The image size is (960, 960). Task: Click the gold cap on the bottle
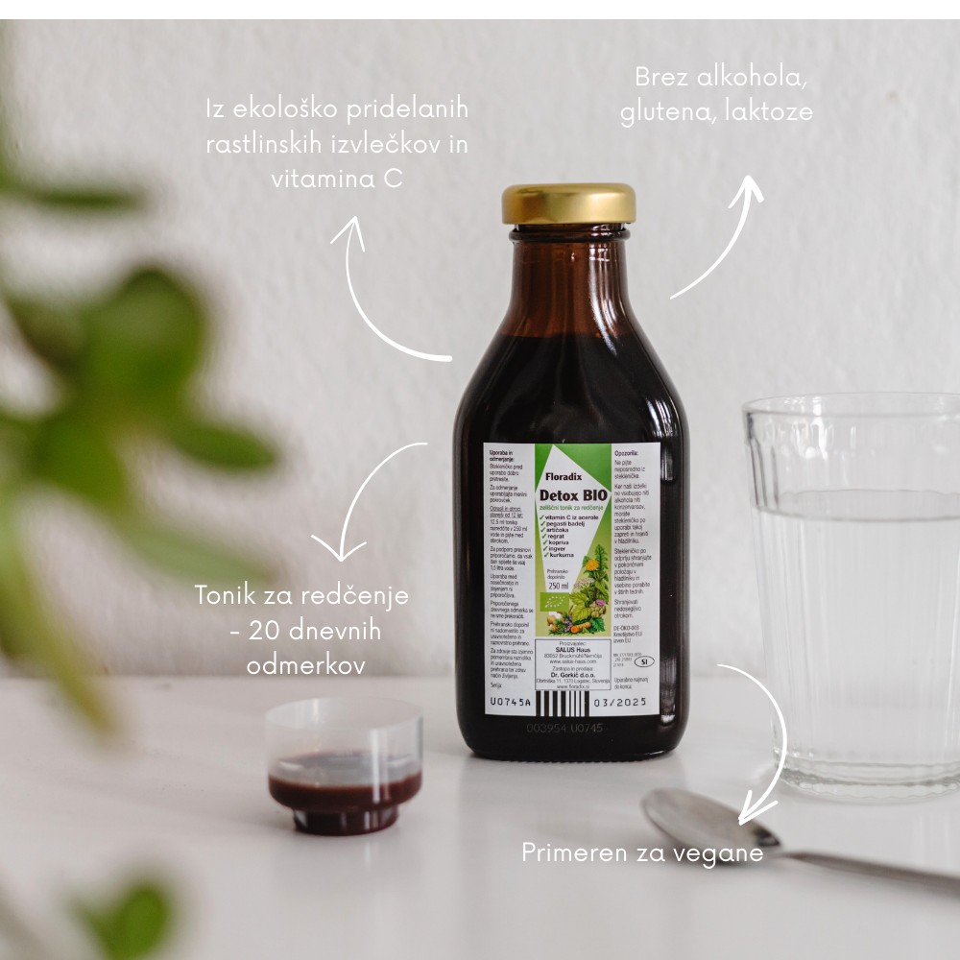point(568,204)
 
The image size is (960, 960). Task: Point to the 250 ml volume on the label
point(559,586)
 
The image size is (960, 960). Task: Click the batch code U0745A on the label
point(512,703)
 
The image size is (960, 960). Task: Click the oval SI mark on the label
point(643,660)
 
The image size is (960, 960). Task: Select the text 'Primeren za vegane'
point(642,852)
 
